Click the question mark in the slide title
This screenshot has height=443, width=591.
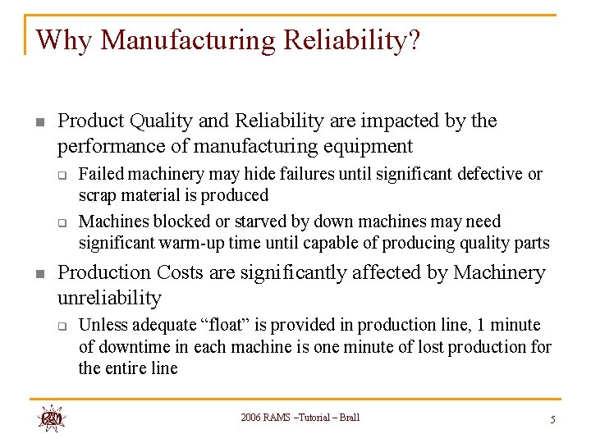point(412,40)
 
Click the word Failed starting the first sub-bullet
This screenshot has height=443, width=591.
point(101,174)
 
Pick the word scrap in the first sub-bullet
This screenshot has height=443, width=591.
point(97,195)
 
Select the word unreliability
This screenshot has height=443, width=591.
point(109,298)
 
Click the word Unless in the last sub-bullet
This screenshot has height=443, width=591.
point(103,325)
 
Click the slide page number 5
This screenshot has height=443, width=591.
point(553,419)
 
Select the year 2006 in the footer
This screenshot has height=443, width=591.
point(252,418)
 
